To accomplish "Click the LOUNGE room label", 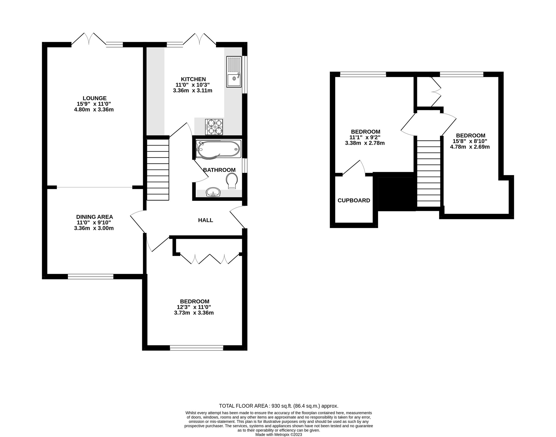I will tap(95, 98).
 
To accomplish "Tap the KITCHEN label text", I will tap(193, 79).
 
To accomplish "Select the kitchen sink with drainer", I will tap(234, 72).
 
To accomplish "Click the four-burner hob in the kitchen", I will tap(214, 127).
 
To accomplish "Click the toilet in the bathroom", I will tap(232, 181).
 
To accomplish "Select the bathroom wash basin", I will tap(213, 192).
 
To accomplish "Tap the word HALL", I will tap(205, 220).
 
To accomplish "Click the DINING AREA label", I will tap(94, 217).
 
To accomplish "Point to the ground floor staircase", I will tap(158, 169).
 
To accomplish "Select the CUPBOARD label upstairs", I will tap(354, 201).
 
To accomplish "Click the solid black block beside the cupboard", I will tap(396, 193).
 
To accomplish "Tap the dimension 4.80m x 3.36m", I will tap(94, 110).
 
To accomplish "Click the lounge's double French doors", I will tap(89, 40).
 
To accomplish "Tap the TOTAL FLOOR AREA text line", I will tap(278, 406).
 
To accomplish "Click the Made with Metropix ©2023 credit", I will tap(278, 434).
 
